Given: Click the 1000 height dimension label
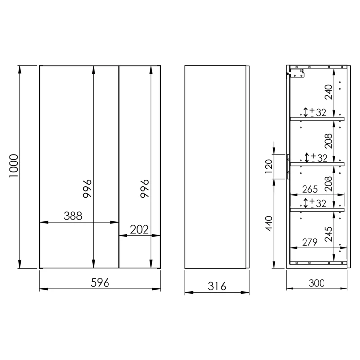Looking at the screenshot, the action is pyautogui.click(x=13, y=165).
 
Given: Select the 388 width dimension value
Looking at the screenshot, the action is pyautogui.click(x=73, y=216).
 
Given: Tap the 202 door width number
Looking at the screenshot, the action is pyautogui.click(x=139, y=229).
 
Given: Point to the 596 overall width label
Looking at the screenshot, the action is pyautogui.click(x=100, y=283).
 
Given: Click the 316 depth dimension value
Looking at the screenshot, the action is pyautogui.click(x=217, y=287).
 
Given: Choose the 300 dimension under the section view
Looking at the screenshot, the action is pyautogui.click(x=317, y=283).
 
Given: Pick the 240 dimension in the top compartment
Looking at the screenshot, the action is pyautogui.click(x=328, y=92).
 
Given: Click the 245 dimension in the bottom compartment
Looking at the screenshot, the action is pyautogui.click(x=328, y=234).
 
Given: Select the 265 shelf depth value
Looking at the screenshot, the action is pyautogui.click(x=310, y=189).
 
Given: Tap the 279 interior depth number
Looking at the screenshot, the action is pyautogui.click(x=310, y=242).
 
